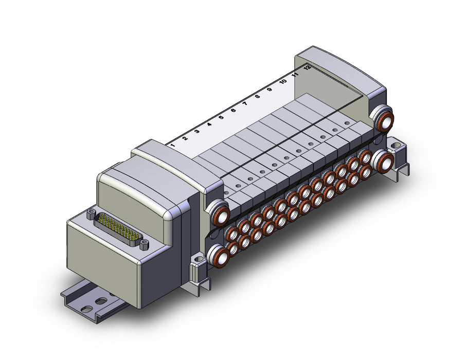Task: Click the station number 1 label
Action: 173,146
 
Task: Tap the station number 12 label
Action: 307,67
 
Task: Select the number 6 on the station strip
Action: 234,110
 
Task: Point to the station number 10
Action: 283,81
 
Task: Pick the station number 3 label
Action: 197,131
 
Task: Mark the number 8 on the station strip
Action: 257,96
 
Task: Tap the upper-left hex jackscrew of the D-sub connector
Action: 91,213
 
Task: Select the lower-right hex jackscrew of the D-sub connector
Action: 144,245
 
